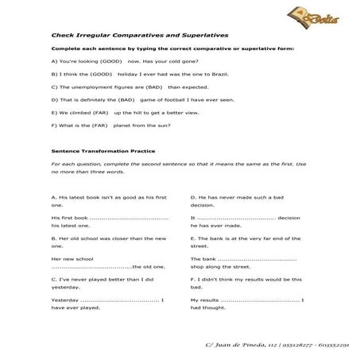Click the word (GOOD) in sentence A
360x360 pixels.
pos(110,60)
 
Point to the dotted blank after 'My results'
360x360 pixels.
pos(263,300)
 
